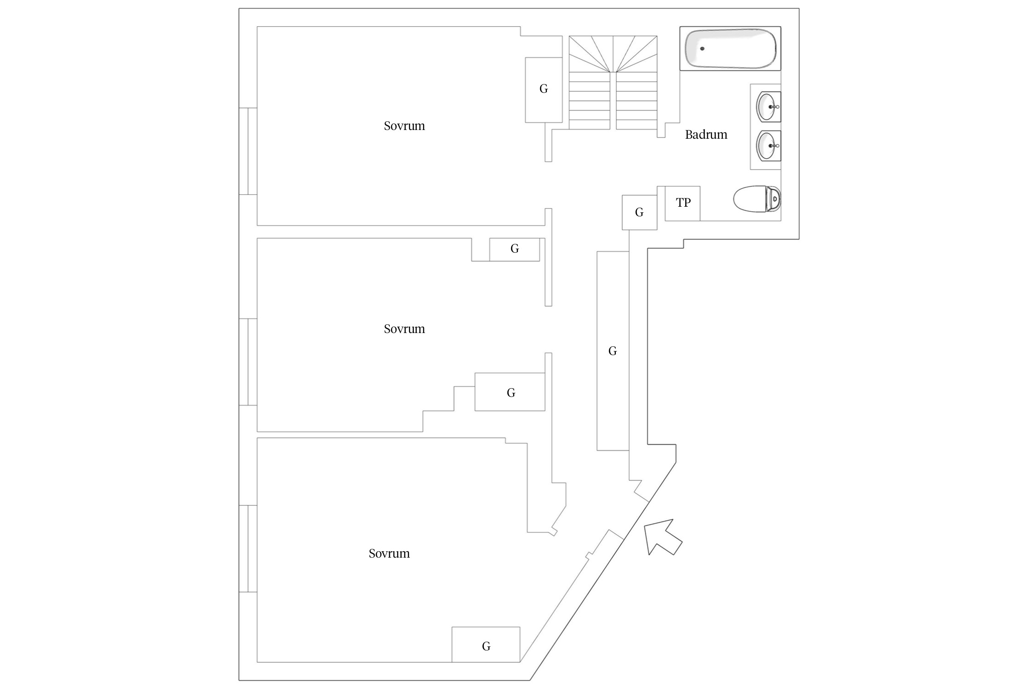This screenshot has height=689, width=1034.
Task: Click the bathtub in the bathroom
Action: pyautogui.click(x=730, y=48)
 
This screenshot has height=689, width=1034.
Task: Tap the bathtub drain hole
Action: pyautogui.click(x=702, y=48)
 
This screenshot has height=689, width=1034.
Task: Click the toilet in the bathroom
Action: pyautogui.click(x=756, y=199)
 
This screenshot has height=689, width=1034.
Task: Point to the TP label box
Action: pyautogui.click(x=683, y=203)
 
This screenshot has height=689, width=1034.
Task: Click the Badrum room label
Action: pyautogui.click(x=706, y=135)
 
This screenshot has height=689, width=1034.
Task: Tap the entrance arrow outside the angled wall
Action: pyautogui.click(x=662, y=537)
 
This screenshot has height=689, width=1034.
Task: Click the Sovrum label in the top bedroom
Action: pyautogui.click(x=404, y=126)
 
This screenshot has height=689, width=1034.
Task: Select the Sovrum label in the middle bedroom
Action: pyautogui.click(x=404, y=329)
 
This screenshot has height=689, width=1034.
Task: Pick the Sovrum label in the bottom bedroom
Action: pyautogui.click(x=389, y=553)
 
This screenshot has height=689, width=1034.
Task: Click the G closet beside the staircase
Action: pyautogui.click(x=544, y=90)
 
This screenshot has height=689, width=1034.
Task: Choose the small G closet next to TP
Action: pyautogui.click(x=639, y=212)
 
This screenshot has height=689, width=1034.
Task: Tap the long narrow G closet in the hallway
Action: pyautogui.click(x=613, y=351)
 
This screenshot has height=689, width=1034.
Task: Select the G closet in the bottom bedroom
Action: pyautogui.click(x=486, y=646)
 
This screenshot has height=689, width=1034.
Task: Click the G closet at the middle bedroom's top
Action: pyautogui.click(x=515, y=249)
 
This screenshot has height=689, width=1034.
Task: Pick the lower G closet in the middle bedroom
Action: pyautogui.click(x=510, y=392)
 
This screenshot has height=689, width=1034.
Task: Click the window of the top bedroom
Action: pyautogui.click(x=248, y=151)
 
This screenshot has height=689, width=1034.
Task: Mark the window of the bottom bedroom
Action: pyautogui.click(x=248, y=548)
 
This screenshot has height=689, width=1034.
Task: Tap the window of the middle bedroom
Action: pyautogui.click(x=248, y=362)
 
